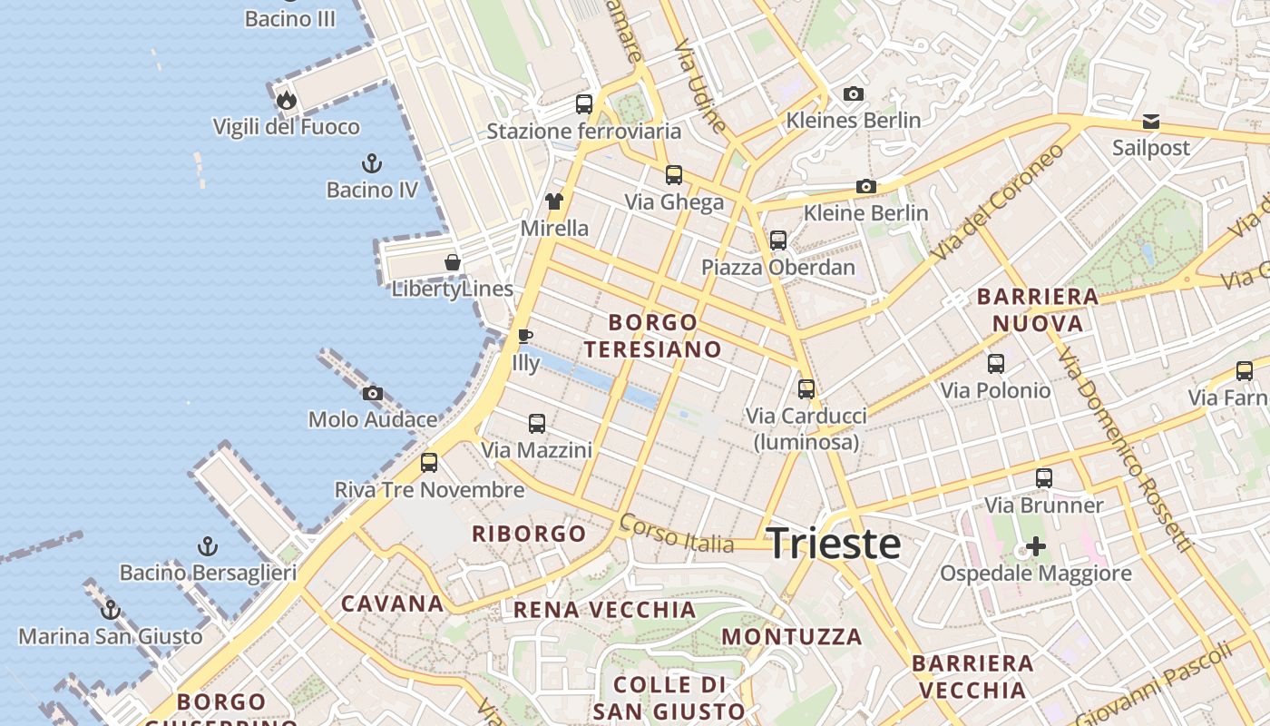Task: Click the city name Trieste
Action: [x=834, y=544]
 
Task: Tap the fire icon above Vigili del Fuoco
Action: [x=287, y=100]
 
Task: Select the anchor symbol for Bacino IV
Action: [x=372, y=163]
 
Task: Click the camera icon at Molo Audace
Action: [x=372, y=394]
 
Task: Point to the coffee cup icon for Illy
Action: [x=524, y=337]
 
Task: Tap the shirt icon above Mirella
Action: [x=553, y=201]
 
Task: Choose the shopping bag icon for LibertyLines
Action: [x=452, y=262]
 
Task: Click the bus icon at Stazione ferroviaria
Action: [x=584, y=104]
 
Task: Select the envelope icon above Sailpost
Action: [x=1150, y=121]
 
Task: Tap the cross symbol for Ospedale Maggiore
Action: [x=1035, y=546]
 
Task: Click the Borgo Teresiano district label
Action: [x=653, y=336]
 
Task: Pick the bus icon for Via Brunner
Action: [x=1044, y=478]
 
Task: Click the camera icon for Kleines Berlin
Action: [x=853, y=93]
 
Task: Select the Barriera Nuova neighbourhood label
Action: [x=1038, y=309]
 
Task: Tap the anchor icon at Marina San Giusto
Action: [x=111, y=610]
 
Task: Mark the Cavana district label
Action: [x=392, y=603]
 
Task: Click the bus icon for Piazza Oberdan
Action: [x=777, y=240]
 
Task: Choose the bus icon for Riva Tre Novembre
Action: [x=429, y=463]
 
